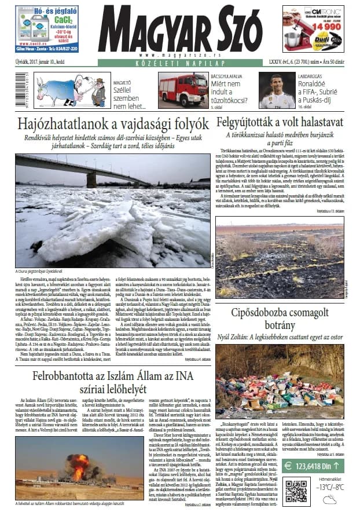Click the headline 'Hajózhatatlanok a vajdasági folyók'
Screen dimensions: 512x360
[113, 125]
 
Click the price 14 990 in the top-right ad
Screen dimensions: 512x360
[328, 27]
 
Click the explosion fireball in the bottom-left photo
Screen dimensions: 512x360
[80, 463]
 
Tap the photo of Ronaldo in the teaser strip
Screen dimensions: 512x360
[275, 92]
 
